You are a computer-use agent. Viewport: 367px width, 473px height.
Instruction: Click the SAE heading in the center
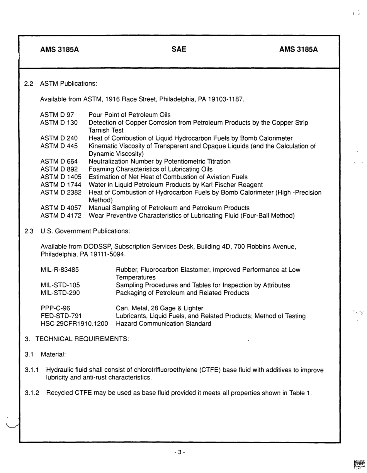178,49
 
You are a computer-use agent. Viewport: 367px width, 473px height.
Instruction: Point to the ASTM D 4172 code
61,216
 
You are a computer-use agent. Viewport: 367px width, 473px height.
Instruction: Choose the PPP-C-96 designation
55,308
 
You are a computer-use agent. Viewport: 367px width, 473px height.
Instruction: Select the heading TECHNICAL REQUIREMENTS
82,339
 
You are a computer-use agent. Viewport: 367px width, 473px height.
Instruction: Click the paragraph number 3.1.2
32,393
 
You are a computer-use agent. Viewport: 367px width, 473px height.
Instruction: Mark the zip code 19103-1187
226,100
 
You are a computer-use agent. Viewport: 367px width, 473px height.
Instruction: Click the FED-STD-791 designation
61,316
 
